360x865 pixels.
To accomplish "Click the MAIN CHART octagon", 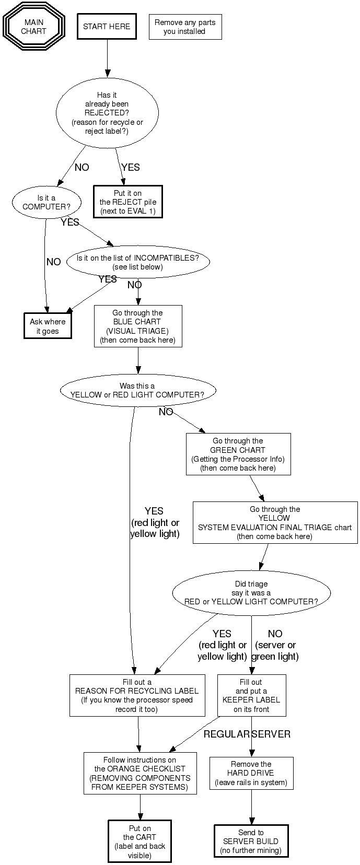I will (x=33, y=27).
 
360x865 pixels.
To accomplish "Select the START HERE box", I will (x=107, y=27).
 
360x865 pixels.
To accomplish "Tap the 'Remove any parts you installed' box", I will (x=185, y=27).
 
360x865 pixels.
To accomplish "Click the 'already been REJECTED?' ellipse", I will (x=107, y=113).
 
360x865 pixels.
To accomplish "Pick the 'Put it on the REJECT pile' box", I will (x=128, y=202).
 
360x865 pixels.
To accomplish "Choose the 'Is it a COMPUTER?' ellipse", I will (x=47, y=202).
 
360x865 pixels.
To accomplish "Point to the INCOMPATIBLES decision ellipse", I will (x=137, y=262).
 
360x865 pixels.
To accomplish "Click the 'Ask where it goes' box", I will (x=48, y=326).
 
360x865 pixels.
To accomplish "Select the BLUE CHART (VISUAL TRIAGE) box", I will (x=138, y=326).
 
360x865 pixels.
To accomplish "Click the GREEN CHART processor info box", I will (x=238, y=454).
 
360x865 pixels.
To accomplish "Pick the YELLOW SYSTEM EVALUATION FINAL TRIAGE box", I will (x=275, y=523).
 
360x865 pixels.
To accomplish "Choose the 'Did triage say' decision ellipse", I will (x=251, y=593).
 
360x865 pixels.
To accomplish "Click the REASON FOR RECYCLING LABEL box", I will (x=137, y=695).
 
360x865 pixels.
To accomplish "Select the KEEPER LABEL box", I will (x=251, y=695).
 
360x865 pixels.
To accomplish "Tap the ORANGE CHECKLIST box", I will (x=140, y=773).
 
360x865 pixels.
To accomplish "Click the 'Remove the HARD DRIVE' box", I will (x=251, y=773).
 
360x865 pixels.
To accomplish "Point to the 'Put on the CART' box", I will (x=140, y=841).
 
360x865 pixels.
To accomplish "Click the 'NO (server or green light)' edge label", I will (x=275, y=645).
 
